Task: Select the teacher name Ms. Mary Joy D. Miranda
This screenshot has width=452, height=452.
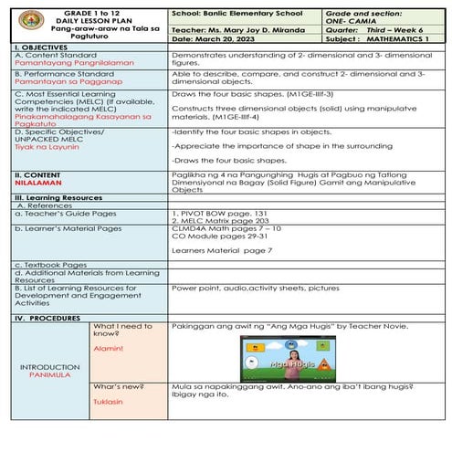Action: [x=256, y=28]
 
